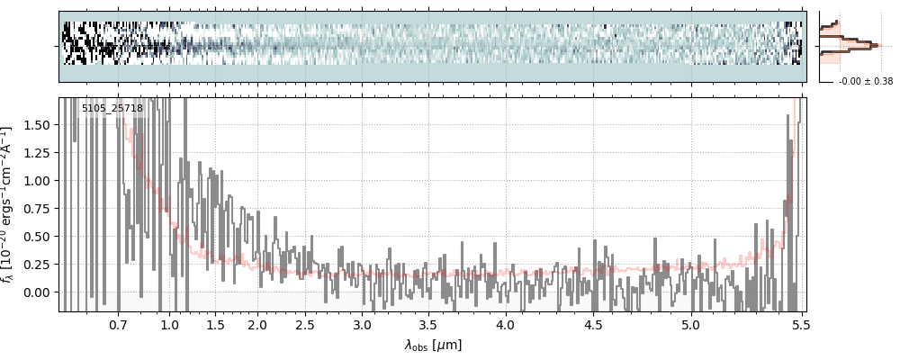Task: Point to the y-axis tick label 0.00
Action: [39, 292]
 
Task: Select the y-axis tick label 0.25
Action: [39, 265]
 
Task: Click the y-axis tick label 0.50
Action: [39, 237]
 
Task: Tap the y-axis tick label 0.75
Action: [39, 209]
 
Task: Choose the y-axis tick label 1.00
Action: [39, 181]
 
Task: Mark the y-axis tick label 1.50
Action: [39, 125]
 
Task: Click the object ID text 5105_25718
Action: [112, 109]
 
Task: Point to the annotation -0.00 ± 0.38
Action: [866, 82]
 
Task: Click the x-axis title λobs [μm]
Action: [433, 345]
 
